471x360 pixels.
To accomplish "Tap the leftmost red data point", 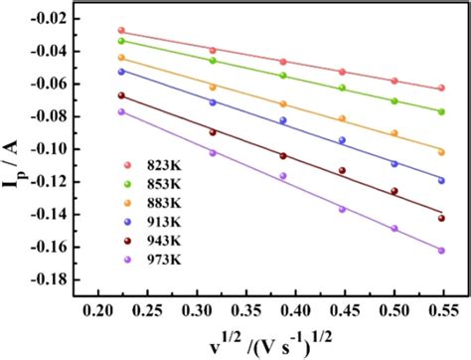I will pos(121,31).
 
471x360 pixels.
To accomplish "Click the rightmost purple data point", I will pos(441,251).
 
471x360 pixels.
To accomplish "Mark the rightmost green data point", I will pos(441,110).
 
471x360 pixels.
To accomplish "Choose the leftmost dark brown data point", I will pos(121,95).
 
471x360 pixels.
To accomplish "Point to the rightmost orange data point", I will pos(441,152).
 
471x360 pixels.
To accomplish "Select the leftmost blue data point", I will pos(121,71).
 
